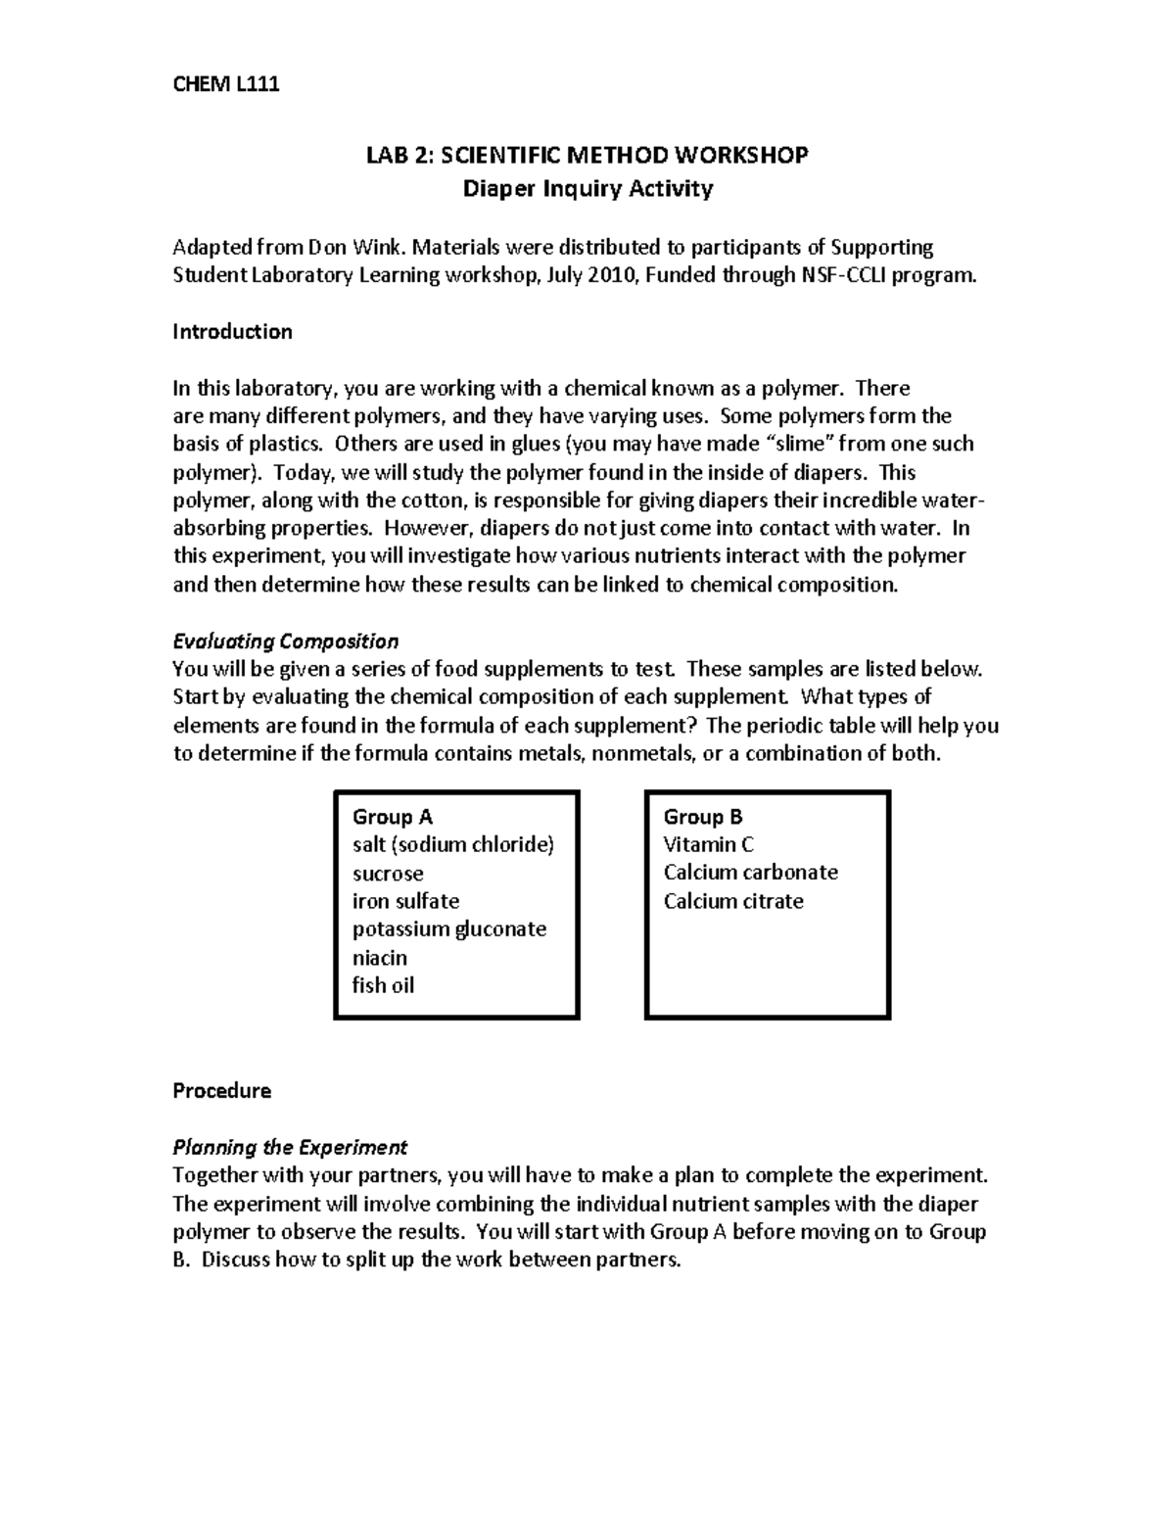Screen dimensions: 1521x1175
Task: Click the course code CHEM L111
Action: [x=226, y=84]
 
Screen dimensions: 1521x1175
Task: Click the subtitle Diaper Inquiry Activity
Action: [x=587, y=188]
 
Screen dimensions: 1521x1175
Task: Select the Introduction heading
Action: [x=232, y=332]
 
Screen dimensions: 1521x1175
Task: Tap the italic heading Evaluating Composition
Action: [x=285, y=642]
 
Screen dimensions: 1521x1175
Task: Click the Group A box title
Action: [x=392, y=817]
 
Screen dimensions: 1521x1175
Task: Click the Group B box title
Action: [x=702, y=817]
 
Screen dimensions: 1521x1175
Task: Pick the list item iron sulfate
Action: [x=405, y=901]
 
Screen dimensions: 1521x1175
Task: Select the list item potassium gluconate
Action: [x=448, y=929]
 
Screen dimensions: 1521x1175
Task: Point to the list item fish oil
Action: [x=383, y=985]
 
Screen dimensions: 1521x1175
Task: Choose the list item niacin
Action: [x=380, y=958]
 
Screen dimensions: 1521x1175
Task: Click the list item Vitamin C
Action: [x=708, y=845]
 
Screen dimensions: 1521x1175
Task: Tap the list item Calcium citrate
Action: [x=732, y=901]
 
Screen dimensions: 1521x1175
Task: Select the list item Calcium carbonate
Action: [x=750, y=873]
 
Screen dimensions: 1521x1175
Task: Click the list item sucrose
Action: [x=388, y=874]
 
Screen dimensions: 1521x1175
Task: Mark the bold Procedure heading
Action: [x=221, y=1091]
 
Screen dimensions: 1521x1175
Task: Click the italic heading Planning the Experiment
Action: [x=290, y=1147]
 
